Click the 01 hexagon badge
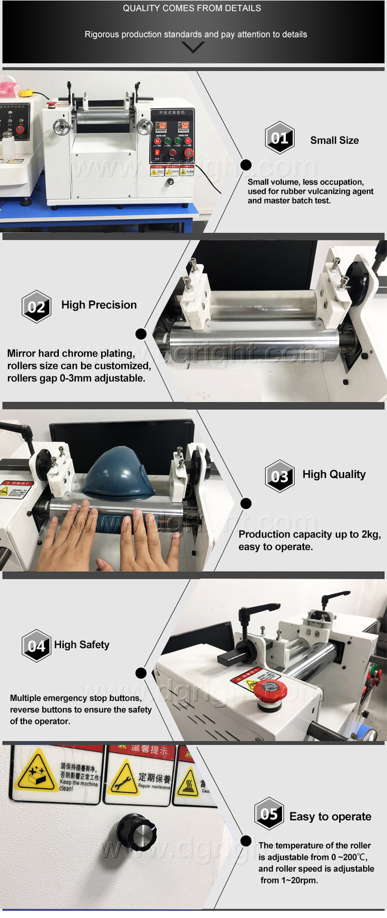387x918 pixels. [x=280, y=138]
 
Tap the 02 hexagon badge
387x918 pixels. [x=36, y=307]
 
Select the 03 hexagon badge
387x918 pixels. [x=280, y=476]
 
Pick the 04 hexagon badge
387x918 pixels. [x=36, y=645]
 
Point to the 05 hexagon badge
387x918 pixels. [x=269, y=814]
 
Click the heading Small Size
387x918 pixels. [x=334, y=140]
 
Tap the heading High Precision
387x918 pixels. [x=99, y=305]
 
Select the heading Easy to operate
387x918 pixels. [x=330, y=816]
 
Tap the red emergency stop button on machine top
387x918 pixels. [x=270, y=691]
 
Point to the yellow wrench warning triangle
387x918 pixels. [x=124, y=778]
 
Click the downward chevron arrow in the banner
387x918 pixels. [x=193, y=47]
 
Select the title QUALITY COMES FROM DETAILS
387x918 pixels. [x=192, y=8]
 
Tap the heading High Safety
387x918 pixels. [x=82, y=645]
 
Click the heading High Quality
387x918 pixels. [x=334, y=474]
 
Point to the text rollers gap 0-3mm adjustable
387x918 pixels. [x=76, y=378]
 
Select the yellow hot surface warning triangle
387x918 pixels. [x=188, y=782]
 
